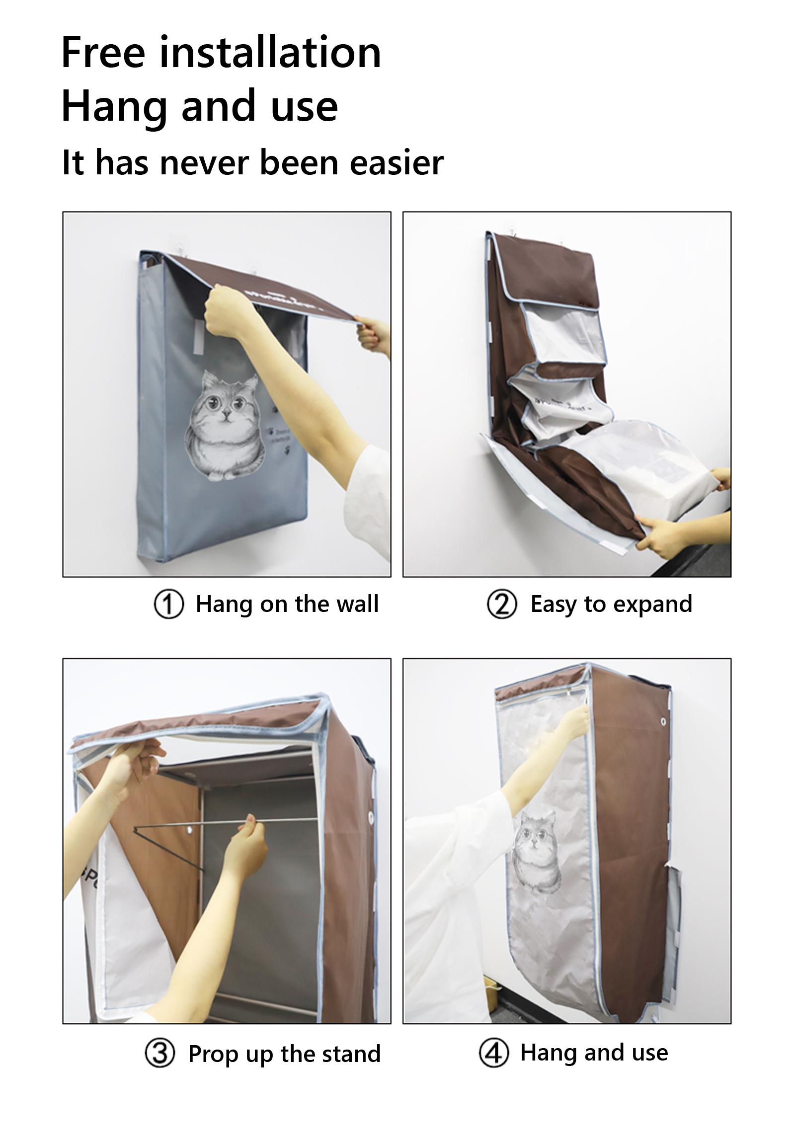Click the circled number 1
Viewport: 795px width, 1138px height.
[169, 604]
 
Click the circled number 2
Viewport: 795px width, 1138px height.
[502, 604]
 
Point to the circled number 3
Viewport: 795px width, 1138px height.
[160, 1053]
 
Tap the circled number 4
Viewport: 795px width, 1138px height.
[494, 1052]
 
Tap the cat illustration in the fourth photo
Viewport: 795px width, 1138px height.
[537, 852]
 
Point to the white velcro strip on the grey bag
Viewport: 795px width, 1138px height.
[199, 337]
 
